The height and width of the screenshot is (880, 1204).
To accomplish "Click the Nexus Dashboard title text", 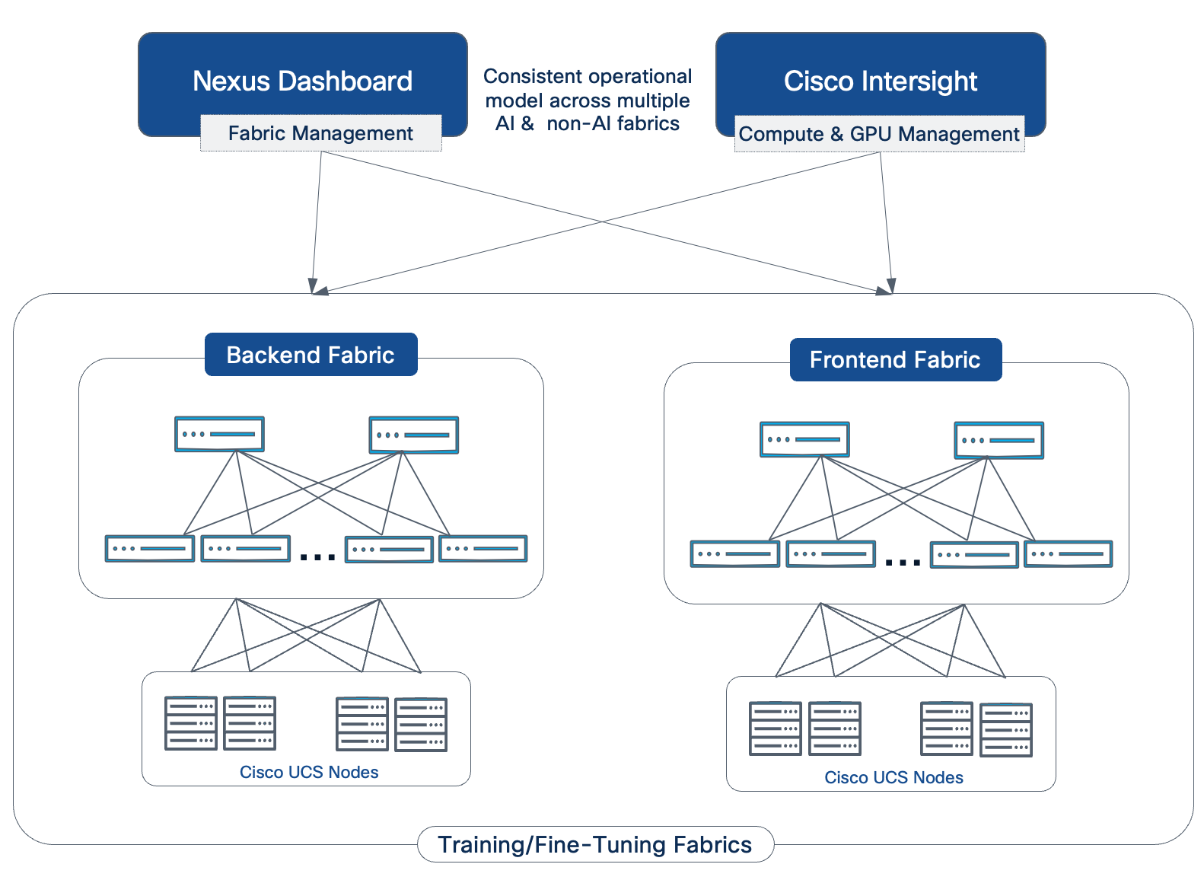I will (x=302, y=81).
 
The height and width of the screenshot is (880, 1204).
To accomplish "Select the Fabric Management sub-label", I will (x=320, y=133).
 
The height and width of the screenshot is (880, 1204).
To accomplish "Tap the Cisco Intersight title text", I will (x=881, y=81).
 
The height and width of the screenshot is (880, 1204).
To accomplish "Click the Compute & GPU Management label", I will (x=879, y=135).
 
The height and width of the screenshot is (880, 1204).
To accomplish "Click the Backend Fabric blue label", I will (x=311, y=355).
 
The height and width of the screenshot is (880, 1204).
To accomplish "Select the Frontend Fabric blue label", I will (x=895, y=359).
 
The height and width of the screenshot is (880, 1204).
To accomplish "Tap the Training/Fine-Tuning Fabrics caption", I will (x=595, y=845).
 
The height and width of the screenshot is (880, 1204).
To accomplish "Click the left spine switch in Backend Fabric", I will (x=219, y=434).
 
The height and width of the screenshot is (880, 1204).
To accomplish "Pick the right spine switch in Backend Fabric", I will (x=414, y=435).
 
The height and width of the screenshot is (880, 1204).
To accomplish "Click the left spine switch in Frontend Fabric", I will (x=804, y=439).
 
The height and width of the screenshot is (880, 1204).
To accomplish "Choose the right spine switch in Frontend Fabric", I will (x=999, y=440).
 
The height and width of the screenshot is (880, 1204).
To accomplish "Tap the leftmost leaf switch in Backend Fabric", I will (x=150, y=548).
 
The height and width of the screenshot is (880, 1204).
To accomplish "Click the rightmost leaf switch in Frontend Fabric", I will (x=1069, y=553).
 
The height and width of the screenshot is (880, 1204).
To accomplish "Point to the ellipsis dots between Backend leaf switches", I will (x=317, y=557).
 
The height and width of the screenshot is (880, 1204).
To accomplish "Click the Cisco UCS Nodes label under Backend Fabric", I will (x=309, y=772).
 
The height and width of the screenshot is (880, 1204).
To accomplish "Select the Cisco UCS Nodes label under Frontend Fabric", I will (x=893, y=777).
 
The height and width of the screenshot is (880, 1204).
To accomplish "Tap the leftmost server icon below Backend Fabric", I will (x=191, y=723).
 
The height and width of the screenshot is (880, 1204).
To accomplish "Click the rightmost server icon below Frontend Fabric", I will (x=1006, y=729).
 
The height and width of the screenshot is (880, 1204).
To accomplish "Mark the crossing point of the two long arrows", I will (x=604, y=222).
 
